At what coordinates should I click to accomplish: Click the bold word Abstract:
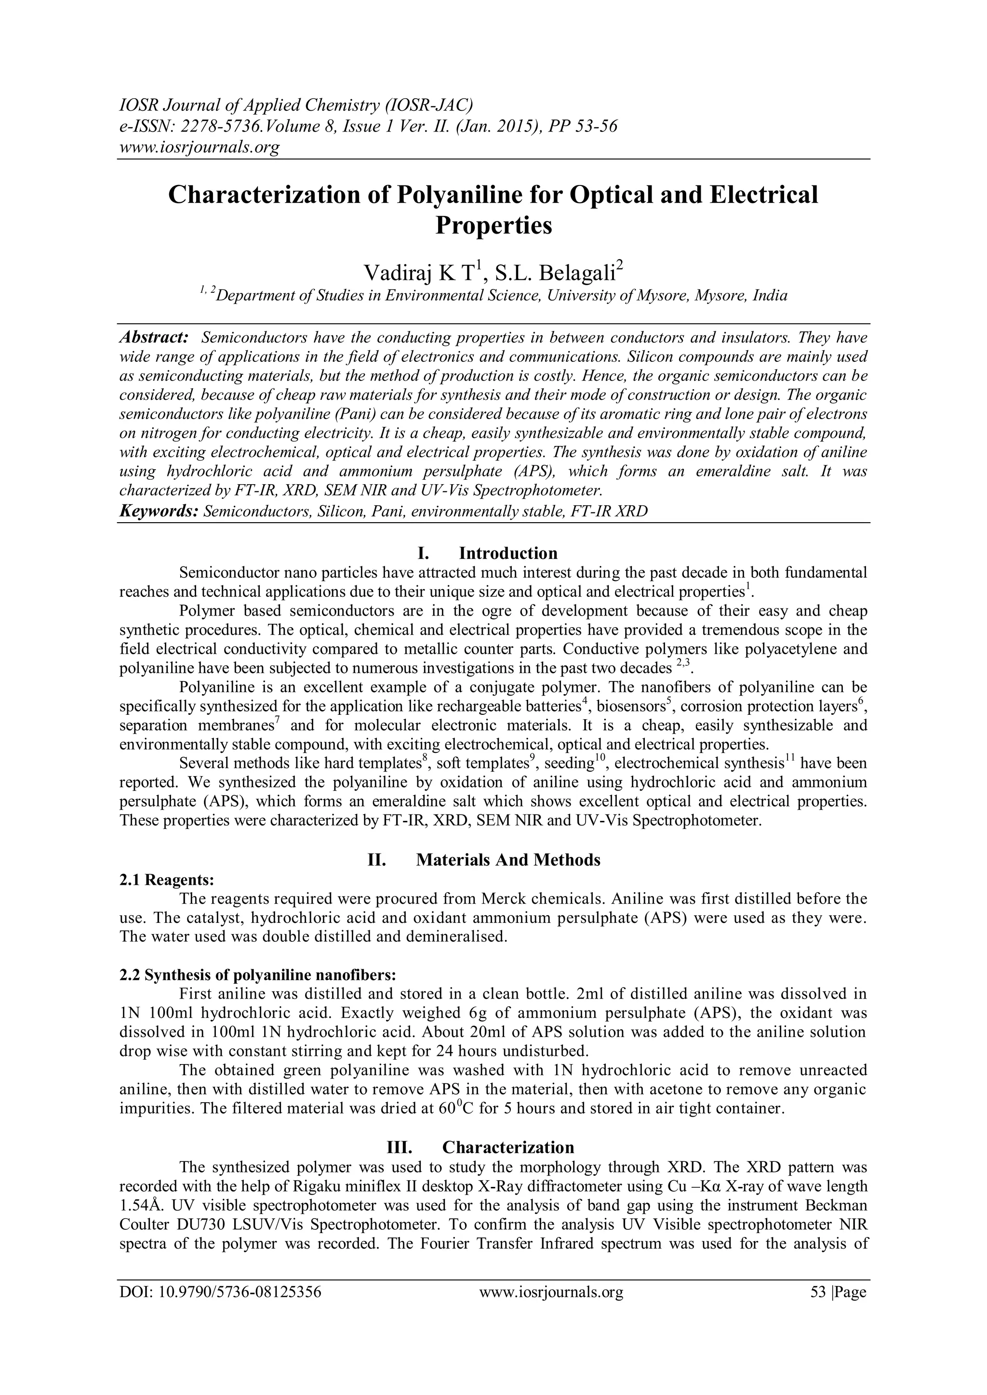[x=153, y=337]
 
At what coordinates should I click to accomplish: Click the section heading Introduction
[x=508, y=553]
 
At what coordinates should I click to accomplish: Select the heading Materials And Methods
[x=508, y=860]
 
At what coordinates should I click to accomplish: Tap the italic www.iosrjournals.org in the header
[x=199, y=146]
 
